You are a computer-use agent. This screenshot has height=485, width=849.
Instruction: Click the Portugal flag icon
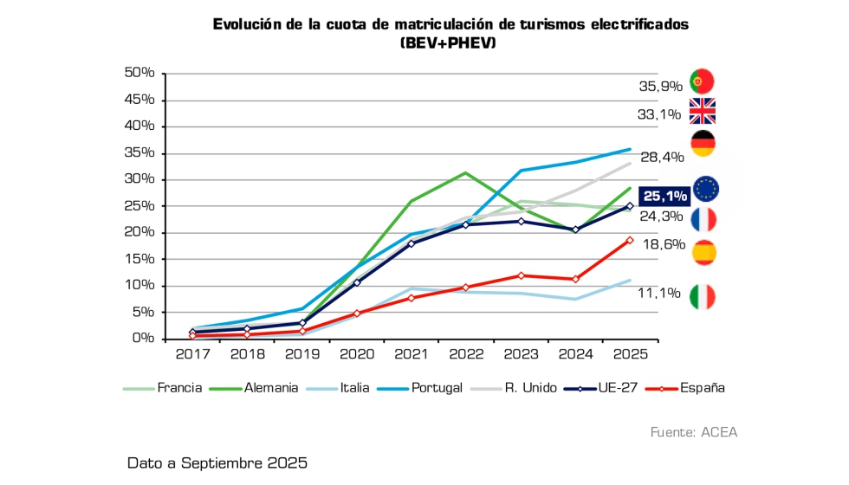click(x=702, y=81)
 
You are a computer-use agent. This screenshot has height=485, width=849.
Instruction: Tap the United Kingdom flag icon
click(x=702, y=112)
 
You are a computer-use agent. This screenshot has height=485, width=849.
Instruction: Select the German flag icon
click(x=702, y=144)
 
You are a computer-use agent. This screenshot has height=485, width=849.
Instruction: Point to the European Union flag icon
click(x=706, y=189)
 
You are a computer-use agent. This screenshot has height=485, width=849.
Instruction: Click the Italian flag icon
click(x=702, y=297)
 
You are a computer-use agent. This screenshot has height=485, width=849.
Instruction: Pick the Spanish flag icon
click(x=704, y=252)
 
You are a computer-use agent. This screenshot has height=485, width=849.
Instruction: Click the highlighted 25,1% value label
click(x=664, y=196)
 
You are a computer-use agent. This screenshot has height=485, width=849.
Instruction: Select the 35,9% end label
click(x=661, y=87)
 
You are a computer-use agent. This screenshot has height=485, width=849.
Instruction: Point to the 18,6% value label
click(x=661, y=246)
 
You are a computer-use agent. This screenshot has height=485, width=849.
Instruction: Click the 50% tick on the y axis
click(x=139, y=73)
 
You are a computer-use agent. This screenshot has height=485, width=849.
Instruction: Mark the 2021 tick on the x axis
click(x=411, y=354)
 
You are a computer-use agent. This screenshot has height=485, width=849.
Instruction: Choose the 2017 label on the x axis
click(x=192, y=354)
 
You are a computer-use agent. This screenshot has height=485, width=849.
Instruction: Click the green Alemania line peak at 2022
click(x=465, y=173)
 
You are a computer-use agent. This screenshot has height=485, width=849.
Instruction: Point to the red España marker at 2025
click(x=630, y=240)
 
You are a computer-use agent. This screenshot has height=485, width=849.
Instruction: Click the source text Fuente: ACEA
click(x=694, y=431)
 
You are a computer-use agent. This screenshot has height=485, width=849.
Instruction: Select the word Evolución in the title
click(x=245, y=24)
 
